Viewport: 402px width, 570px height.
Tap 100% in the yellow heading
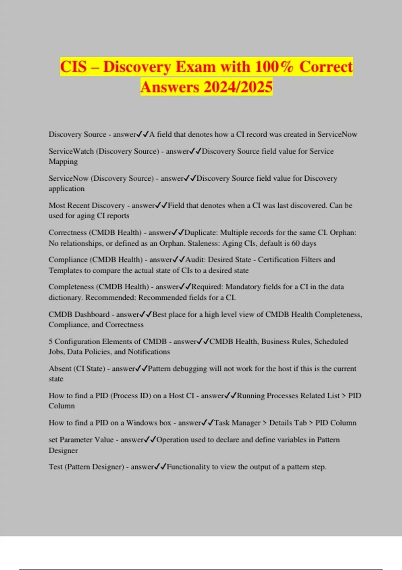tap(274, 67)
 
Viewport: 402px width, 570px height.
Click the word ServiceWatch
tap(71, 151)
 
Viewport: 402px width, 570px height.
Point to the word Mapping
tap(63, 162)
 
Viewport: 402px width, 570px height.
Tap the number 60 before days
tap(295, 243)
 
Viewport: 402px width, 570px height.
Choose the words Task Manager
tap(237, 423)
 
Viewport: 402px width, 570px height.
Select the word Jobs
tap(56, 352)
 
